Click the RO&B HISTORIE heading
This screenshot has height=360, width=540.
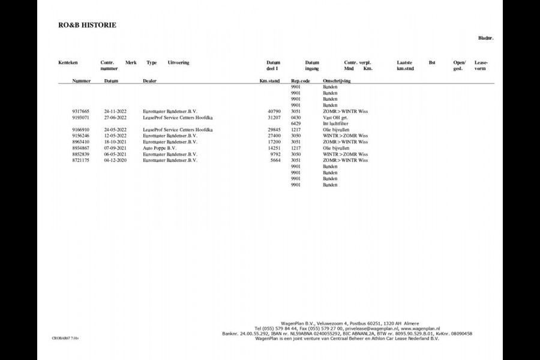tap(87, 25)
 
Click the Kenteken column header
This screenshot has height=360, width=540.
tap(68, 62)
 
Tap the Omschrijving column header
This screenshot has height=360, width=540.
tap(337, 80)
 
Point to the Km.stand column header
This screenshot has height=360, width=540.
tap(269, 80)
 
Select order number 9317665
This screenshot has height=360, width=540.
tap(80, 111)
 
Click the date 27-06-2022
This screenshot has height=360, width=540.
tap(115, 118)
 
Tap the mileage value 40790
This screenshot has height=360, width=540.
tap(274, 111)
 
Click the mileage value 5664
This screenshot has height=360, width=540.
tap(275, 160)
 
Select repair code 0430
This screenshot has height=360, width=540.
tap(295, 118)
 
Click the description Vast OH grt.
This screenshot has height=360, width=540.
tap(335, 118)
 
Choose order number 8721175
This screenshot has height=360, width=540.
tap(80, 160)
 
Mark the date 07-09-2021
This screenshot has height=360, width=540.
tap(115, 148)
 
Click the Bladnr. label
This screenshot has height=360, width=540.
tap(486, 38)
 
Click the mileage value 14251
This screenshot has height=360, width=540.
tap(274, 148)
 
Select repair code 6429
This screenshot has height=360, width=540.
tap(295, 124)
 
